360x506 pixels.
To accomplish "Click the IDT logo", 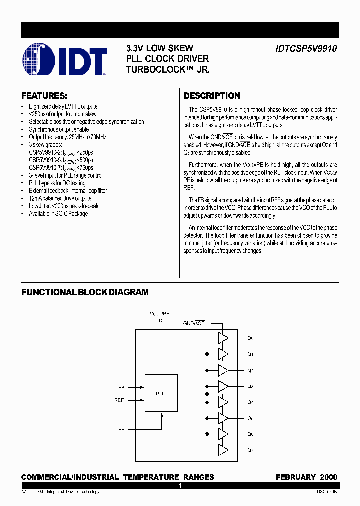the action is [65, 60].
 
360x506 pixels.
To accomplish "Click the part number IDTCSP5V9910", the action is [306, 49].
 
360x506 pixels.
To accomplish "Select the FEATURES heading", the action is [44, 96].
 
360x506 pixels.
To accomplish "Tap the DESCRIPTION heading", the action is [212, 96].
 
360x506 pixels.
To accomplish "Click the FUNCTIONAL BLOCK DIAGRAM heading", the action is [85, 292].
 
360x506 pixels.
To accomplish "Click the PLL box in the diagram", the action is [161, 393].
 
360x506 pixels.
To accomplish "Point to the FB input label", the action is [121, 387].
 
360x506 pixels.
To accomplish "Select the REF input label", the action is [119, 400].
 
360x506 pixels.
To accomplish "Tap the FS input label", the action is [121, 429].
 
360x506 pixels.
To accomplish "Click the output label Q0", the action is [250, 338].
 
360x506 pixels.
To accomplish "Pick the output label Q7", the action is [250, 450].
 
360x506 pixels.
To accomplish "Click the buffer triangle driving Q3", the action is [223, 386].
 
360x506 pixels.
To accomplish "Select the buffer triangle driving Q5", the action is [223, 418].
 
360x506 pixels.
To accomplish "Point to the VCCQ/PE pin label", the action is [160, 313].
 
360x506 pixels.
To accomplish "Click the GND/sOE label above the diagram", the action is [194, 324].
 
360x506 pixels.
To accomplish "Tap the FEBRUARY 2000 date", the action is [306, 477].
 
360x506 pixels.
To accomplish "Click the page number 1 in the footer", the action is [180, 486].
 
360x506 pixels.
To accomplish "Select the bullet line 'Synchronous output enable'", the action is [59, 129].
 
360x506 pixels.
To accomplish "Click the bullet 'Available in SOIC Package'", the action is [58, 214].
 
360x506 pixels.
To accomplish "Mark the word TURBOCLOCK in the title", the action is [158, 70].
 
